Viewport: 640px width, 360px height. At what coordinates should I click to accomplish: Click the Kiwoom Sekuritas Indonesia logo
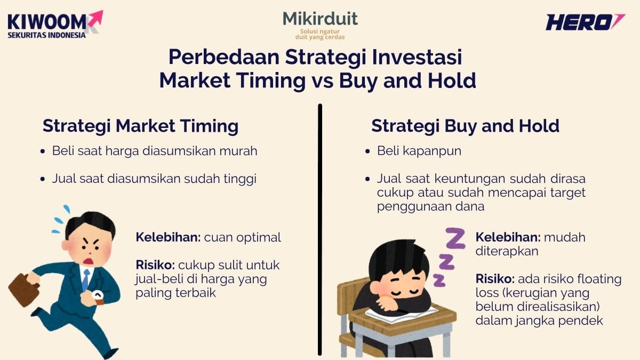coord(53,25)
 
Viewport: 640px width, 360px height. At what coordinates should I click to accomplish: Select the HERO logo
coord(585,22)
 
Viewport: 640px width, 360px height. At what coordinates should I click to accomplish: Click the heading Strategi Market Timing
coord(140,126)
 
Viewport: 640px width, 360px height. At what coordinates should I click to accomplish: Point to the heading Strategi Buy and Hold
coord(465,126)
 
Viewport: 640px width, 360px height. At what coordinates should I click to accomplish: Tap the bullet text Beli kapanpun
coord(419,151)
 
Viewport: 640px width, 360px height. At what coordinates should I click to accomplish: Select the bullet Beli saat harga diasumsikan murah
coord(155,151)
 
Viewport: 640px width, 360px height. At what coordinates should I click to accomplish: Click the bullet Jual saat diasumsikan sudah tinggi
coord(154,179)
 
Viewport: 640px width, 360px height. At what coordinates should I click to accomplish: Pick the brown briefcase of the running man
coord(24,289)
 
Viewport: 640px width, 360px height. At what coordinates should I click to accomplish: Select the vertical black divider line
coord(320,229)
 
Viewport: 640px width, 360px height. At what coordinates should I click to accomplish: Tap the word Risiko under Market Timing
coord(155,265)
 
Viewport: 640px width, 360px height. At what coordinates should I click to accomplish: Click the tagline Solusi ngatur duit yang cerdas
coord(320,35)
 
